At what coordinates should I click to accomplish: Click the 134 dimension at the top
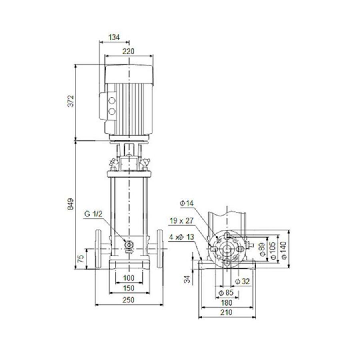(x=114, y=38)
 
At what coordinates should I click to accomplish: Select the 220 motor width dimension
(x=128, y=51)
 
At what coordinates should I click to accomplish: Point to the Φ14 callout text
(x=186, y=204)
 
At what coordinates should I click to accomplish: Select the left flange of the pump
(x=98, y=249)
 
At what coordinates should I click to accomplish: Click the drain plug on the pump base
(x=129, y=245)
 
